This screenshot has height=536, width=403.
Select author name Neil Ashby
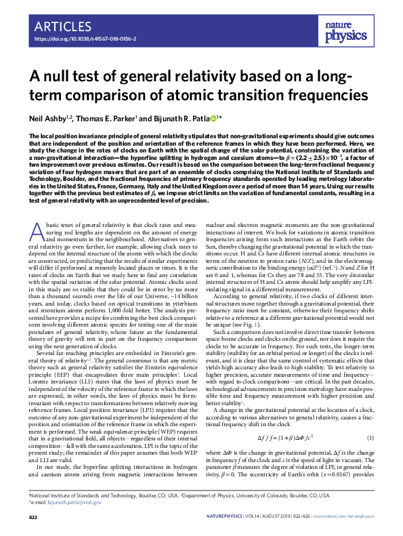[51, 119]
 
